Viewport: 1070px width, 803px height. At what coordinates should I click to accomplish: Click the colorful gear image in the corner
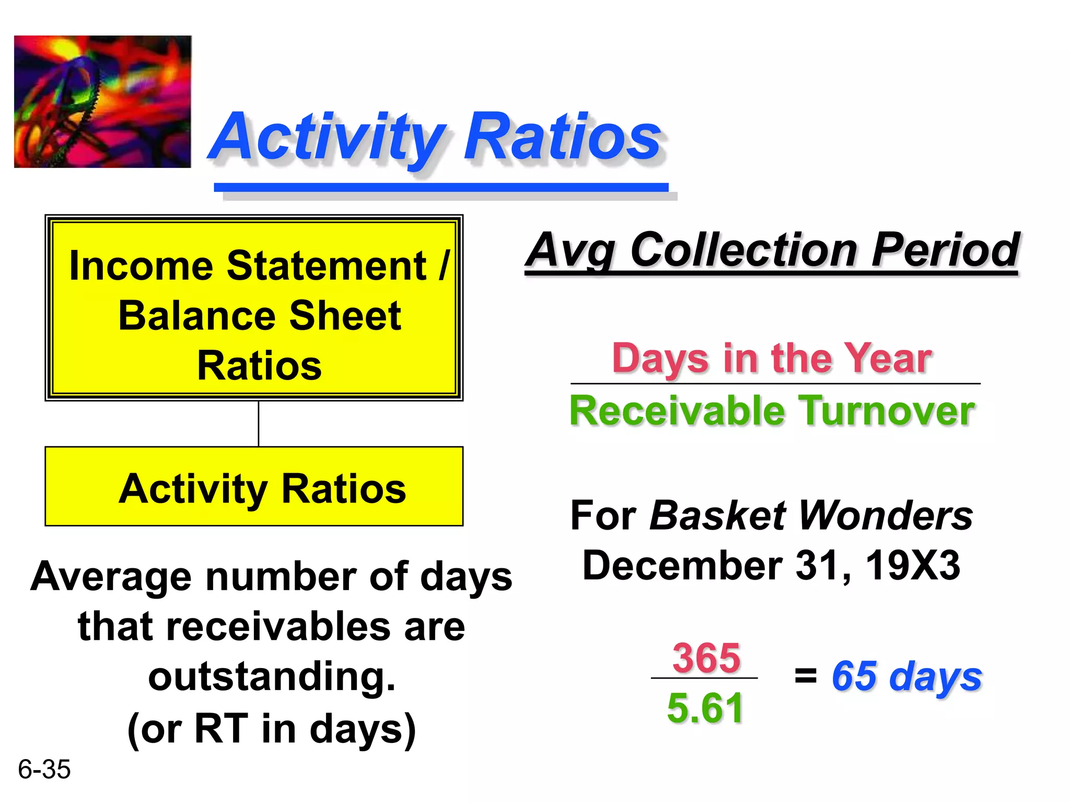[x=102, y=102]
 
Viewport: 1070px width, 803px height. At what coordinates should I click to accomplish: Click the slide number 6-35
[x=44, y=770]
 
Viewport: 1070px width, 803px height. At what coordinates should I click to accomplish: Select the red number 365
[x=706, y=658]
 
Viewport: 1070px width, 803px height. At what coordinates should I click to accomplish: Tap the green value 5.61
[x=705, y=708]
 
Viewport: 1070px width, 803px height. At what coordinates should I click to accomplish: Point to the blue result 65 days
[x=906, y=676]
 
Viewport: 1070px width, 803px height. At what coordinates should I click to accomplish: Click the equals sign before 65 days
[x=805, y=675]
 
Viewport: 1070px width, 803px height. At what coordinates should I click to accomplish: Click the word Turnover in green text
[x=887, y=411]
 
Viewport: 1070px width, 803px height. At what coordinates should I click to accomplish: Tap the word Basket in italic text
[x=717, y=516]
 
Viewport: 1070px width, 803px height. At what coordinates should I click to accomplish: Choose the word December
[x=682, y=566]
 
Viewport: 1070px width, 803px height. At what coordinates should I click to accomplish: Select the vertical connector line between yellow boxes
[x=259, y=423]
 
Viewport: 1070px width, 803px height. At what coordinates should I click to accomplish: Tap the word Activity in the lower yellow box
[x=193, y=489]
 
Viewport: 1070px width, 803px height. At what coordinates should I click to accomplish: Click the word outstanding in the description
[x=272, y=676]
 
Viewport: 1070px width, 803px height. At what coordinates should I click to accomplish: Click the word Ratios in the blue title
[x=563, y=137]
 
